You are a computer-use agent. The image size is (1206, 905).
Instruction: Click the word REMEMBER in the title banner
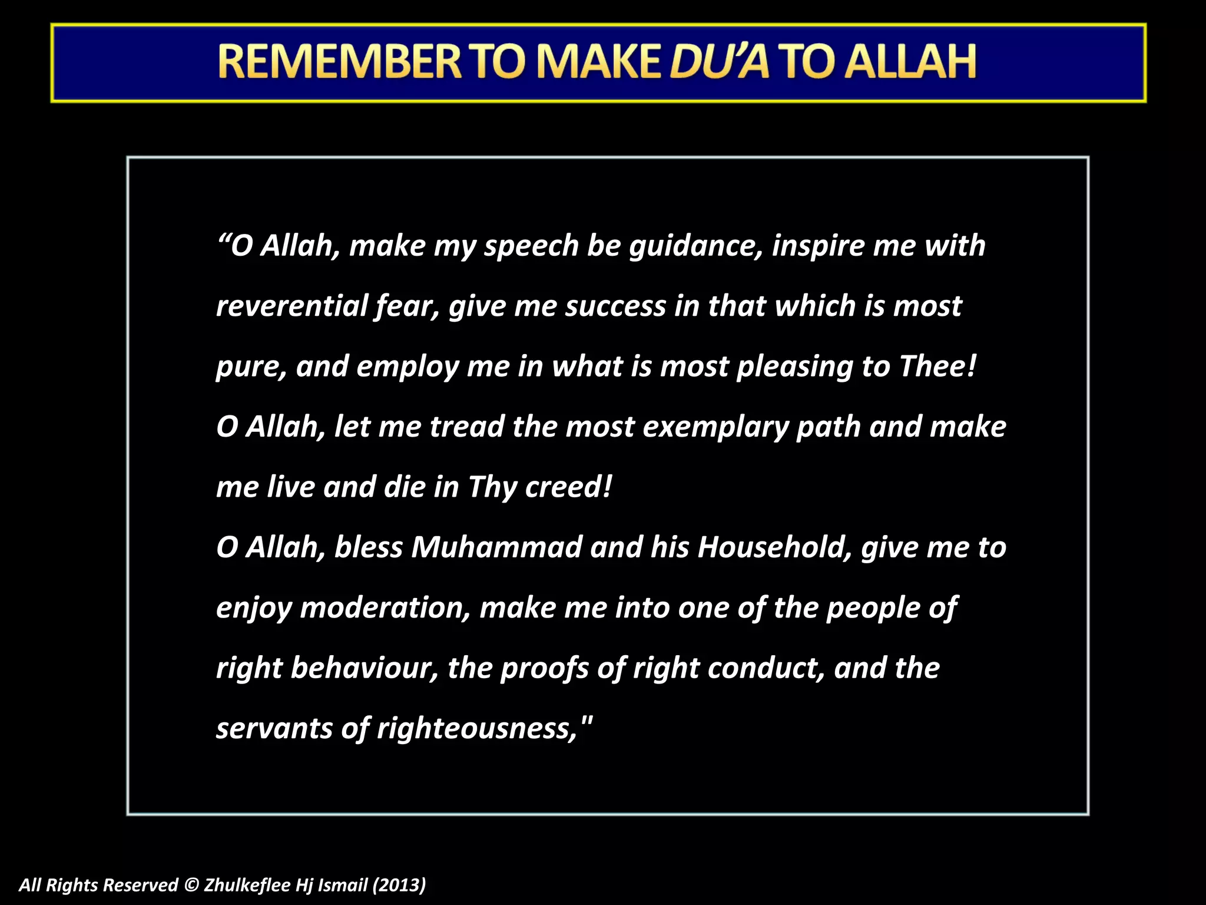point(340,62)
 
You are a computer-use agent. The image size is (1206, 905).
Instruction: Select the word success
point(615,306)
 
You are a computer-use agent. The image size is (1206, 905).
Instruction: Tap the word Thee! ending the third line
point(937,366)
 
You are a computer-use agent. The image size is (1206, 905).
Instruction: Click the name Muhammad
point(496,547)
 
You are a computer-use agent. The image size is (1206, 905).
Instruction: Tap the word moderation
point(385,608)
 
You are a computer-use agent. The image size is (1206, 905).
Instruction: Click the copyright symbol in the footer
point(191,885)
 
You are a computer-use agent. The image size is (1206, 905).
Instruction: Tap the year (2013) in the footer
point(399,885)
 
